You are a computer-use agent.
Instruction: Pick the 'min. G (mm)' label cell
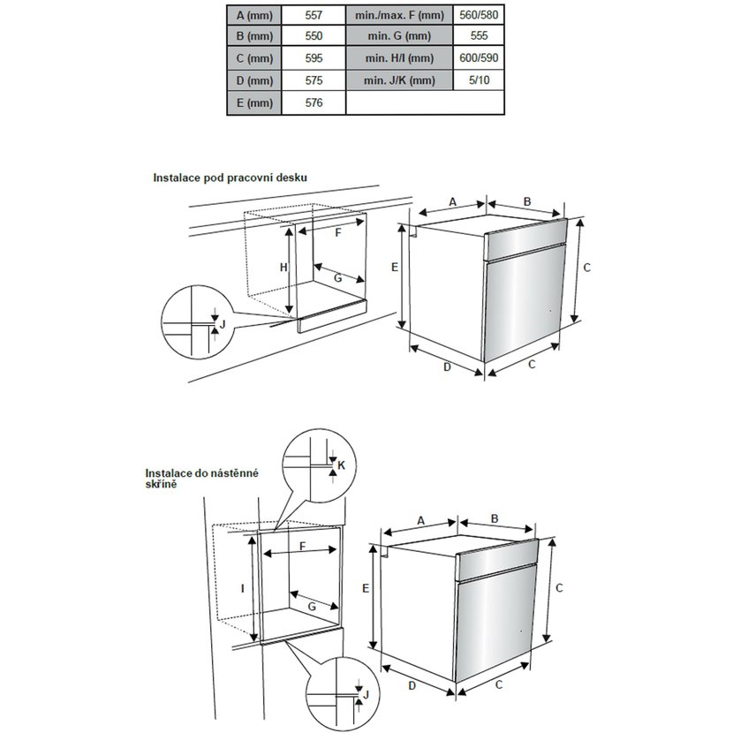pyautogui.click(x=399, y=37)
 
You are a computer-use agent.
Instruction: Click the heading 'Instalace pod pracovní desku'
pyautogui.click(x=230, y=178)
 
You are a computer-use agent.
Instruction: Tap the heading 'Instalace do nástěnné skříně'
pyautogui.click(x=201, y=479)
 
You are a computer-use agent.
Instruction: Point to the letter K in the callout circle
pyautogui.click(x=342, y=465)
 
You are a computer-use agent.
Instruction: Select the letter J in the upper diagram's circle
pyautogui.click(x=223, y=324)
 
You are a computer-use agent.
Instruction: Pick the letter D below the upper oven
pyautogui.click(x=447, y=366)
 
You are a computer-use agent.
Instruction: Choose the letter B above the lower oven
pyautogui.click(x=495, y=519)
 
